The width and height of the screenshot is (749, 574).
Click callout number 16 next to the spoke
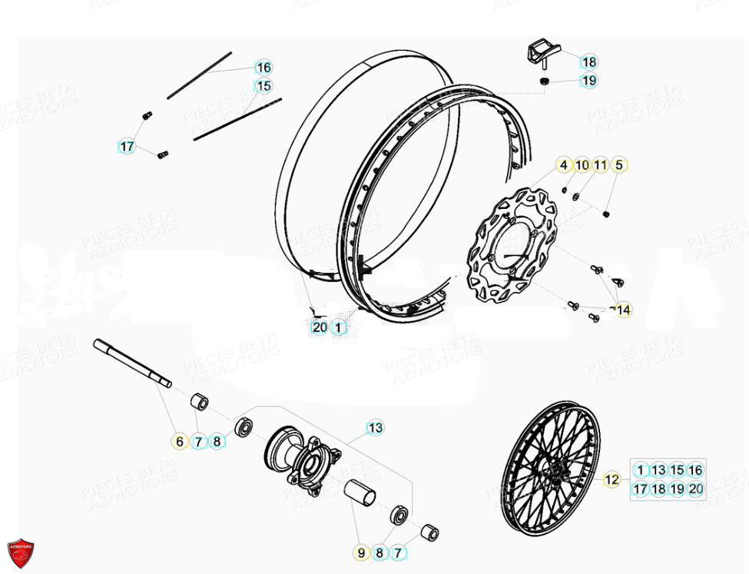(263, 67)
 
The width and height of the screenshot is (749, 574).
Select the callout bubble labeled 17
(127, 146)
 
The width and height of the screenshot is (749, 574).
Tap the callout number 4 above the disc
(563, 164)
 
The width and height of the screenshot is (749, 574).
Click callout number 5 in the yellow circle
(619, 164)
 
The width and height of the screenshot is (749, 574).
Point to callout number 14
(623, 310)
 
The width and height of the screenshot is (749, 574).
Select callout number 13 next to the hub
(375, 427)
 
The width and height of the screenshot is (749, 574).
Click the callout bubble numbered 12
(611, 479)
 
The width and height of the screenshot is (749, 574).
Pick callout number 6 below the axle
(180, 441)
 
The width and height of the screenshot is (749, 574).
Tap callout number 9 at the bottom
(360, 552)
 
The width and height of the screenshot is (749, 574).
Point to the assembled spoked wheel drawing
(549, 466)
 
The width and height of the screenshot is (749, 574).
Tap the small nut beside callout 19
(544, 80)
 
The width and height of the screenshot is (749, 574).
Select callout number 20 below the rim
(320, 327)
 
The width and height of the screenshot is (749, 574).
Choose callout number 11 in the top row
(601, 164)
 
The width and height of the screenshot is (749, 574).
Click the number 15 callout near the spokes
(263, 86)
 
